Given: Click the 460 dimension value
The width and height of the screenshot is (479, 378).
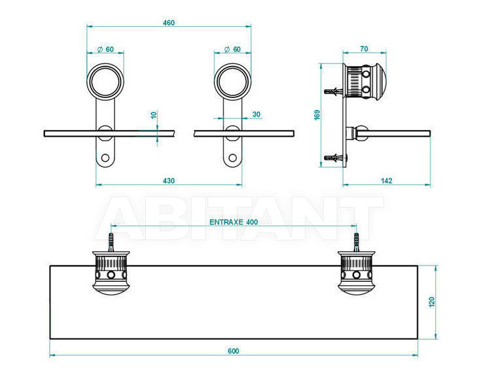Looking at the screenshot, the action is coord(169,23).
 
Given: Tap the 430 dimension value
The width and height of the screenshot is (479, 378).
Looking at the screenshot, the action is coord(169,180).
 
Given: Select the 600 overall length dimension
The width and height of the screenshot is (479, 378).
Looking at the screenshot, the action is coord(234,351).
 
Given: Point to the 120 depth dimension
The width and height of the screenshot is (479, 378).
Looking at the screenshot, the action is coord(432,302).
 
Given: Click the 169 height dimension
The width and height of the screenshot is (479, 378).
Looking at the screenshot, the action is coord(317,115).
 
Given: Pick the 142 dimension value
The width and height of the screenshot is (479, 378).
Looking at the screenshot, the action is coord(387,180).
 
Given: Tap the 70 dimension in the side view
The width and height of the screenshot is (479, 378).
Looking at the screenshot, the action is coord(364,49).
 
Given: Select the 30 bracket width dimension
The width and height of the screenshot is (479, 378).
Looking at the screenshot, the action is coord(257,114).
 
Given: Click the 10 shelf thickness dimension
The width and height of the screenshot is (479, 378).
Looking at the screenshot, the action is coord(154,115).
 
